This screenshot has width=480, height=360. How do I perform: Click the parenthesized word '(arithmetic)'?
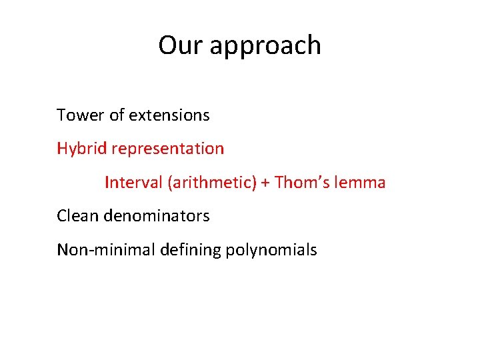[211, 183]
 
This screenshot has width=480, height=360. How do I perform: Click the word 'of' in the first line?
[117, 115]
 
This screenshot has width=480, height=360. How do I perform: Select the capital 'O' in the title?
[167, 45]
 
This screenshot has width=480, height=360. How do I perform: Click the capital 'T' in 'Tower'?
[61, 115]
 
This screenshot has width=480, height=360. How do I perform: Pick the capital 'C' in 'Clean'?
[61, 216]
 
